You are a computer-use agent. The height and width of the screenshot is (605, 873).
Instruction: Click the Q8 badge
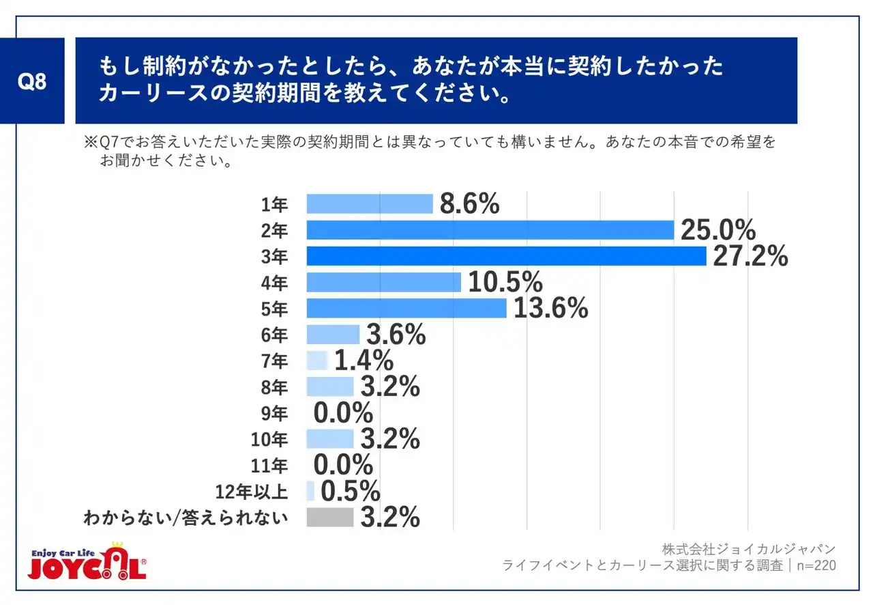coord(32,81)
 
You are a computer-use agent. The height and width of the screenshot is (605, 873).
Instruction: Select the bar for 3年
coord(506,256)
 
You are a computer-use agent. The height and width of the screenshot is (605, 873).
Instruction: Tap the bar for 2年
coord(490,230)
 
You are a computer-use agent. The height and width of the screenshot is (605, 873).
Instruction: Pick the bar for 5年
coord(406,309)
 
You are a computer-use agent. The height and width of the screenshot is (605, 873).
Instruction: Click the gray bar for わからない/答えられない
coord(330,518)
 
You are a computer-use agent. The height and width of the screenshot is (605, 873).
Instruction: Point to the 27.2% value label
coord(750,256)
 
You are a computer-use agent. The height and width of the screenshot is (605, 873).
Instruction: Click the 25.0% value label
coord(717,230)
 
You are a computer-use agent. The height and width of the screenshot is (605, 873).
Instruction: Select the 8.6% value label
coord(470,204)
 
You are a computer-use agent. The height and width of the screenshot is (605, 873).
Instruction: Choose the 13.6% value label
coord(550,309)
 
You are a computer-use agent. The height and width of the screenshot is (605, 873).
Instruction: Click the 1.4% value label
coord(364,361)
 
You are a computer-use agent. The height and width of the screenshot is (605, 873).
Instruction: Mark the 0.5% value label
coord(350,492)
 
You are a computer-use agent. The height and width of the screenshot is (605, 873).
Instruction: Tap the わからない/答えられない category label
coord(185,518)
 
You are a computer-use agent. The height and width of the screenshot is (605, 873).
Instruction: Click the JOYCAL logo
coord(87,561)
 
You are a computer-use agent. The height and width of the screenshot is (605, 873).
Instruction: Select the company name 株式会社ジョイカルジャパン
coord(748,549)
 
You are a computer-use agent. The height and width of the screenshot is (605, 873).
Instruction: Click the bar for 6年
coord(333,335)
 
